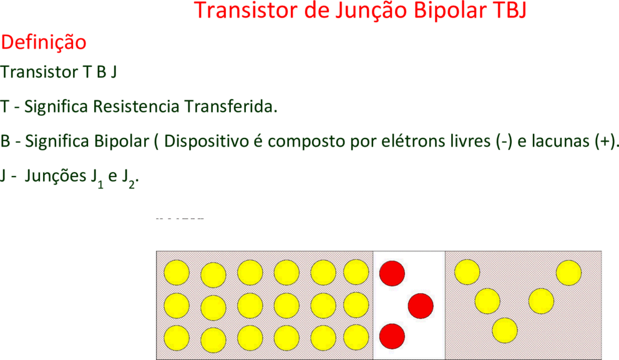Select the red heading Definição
coord(44,42)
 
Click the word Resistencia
coord(136,106)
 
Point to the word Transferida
coord(230,106)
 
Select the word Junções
coord(56,176)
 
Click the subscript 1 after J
coord(100,184)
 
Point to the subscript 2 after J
coord(132,184)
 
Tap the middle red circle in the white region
coord(421,306)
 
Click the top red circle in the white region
coord(392,273)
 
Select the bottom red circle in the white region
coord(392,336)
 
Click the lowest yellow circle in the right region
coord(505,331)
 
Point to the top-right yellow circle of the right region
coord(569,273)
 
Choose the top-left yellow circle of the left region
coord(177,273)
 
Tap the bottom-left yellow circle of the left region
coord(177,338)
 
